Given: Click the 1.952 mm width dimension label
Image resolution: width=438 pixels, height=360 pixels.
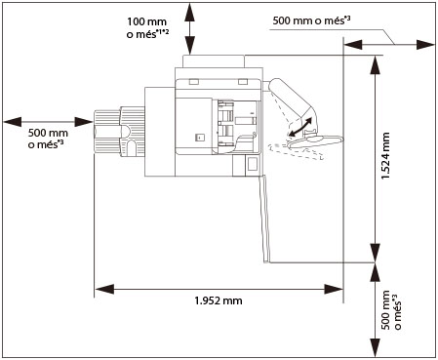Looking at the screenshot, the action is [x=219, y=300].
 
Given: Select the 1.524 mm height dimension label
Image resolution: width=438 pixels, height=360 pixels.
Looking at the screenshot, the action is [x=385, y=156].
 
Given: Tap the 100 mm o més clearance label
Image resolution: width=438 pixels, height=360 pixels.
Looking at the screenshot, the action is [x=147, y=28].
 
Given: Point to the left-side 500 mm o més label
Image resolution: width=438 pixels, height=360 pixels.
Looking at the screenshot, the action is [x=48, y=139].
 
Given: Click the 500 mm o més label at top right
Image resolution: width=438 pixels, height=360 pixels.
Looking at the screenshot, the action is [x=311, y=20].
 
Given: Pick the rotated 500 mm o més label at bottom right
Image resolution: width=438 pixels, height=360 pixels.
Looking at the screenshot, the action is [x=390, y=310].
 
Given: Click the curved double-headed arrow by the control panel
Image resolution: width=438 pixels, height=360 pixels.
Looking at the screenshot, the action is [x=300, y=127].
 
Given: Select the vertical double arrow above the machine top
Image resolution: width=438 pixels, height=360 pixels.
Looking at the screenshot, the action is [x=190, y=28].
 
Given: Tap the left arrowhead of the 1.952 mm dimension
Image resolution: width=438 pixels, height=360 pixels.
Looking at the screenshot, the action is [x=104, y=289].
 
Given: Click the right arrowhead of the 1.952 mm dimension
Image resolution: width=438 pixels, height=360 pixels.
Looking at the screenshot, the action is [x=334, y=289].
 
